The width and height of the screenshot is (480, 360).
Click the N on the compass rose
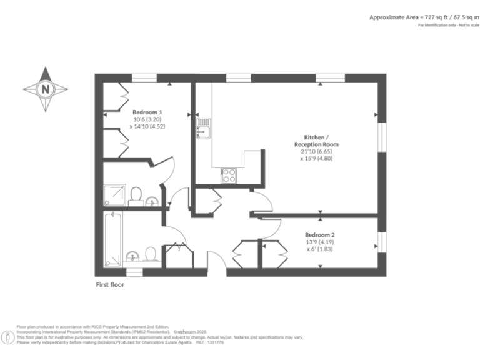[46, 89]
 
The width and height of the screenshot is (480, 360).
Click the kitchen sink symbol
[204, 130]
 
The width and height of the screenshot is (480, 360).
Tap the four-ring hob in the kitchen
[229, 176]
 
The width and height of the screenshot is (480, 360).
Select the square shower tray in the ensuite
[115, 195]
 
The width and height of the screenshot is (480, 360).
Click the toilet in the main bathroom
[150, 254]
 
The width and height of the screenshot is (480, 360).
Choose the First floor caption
[110, 285]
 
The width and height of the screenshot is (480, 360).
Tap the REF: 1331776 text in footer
[209, 342]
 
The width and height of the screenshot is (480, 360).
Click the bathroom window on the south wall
[134, 272]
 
